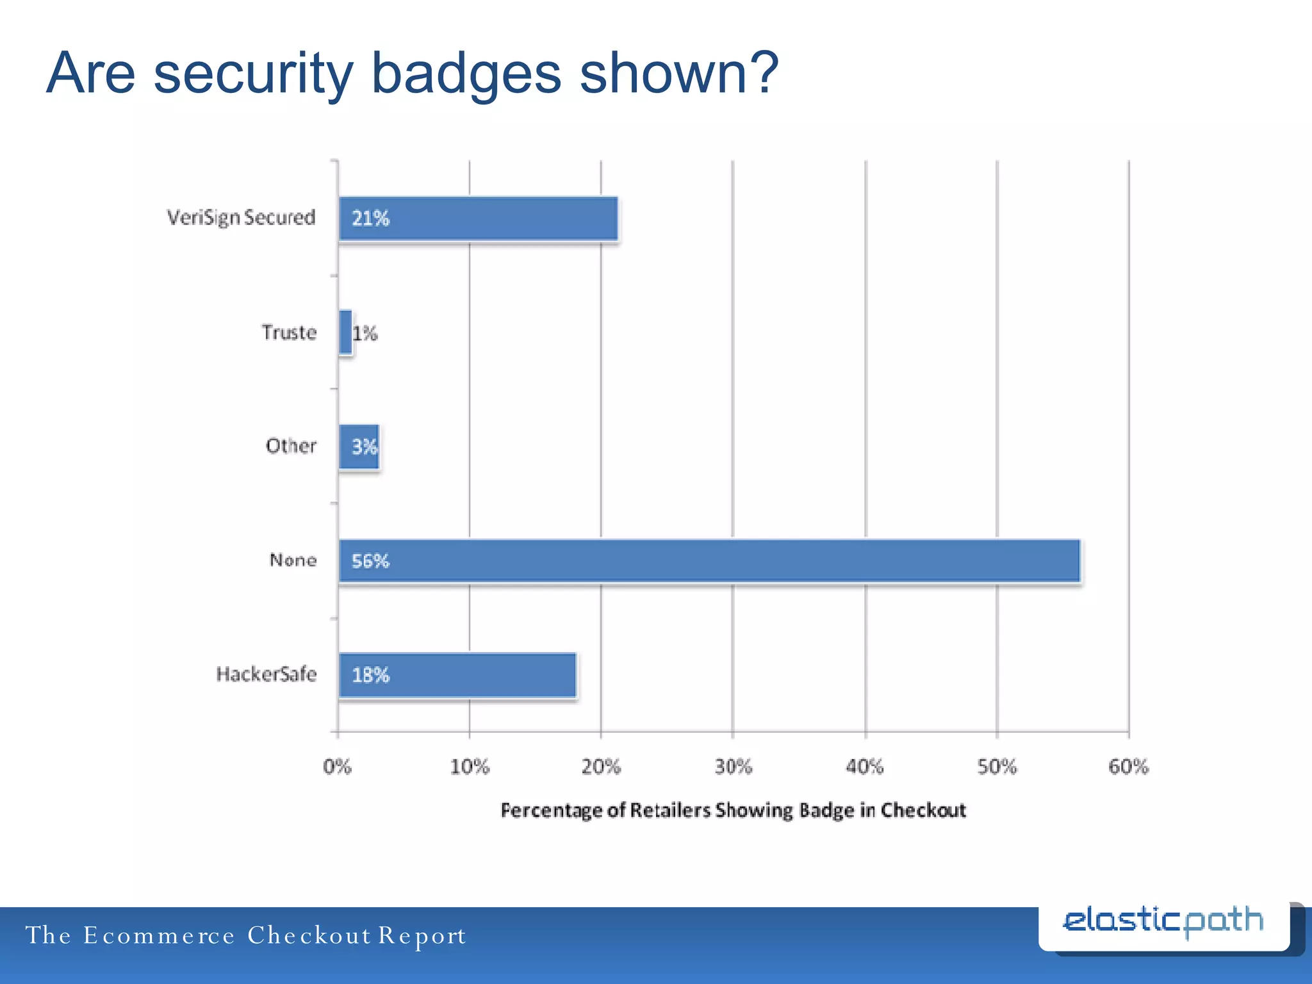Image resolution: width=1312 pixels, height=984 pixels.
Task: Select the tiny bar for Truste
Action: click(345, 332)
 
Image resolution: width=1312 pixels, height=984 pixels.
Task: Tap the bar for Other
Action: click(359, 447)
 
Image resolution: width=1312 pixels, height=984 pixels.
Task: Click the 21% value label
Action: click(370, 218)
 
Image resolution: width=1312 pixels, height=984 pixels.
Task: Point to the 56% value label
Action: click(370, 561)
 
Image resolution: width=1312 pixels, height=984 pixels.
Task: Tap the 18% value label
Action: click(370, 675)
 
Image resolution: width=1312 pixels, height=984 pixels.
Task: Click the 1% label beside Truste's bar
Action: click(365, 333)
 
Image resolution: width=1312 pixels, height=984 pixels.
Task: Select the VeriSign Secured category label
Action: click(241, 218)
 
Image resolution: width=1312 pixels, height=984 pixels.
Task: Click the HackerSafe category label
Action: click(266, 674)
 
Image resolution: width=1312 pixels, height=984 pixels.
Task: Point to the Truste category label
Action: click(289, 332)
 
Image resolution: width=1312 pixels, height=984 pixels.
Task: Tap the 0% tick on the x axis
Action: click(337, 766)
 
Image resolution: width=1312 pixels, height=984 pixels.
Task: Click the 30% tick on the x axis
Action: click(733, 766)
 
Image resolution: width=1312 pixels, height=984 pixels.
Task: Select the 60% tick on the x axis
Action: click(1128, 766)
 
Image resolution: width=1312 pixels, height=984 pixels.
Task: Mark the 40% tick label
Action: click(864, 766)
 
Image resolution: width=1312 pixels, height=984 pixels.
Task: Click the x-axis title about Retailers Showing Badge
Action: click(733, 810)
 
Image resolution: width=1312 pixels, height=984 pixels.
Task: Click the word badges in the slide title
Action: click(466, 74)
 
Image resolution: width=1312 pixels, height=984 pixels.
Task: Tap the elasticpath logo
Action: click(1163, 922)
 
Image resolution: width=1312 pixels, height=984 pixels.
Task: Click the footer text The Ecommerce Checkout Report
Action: click(246, 935)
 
